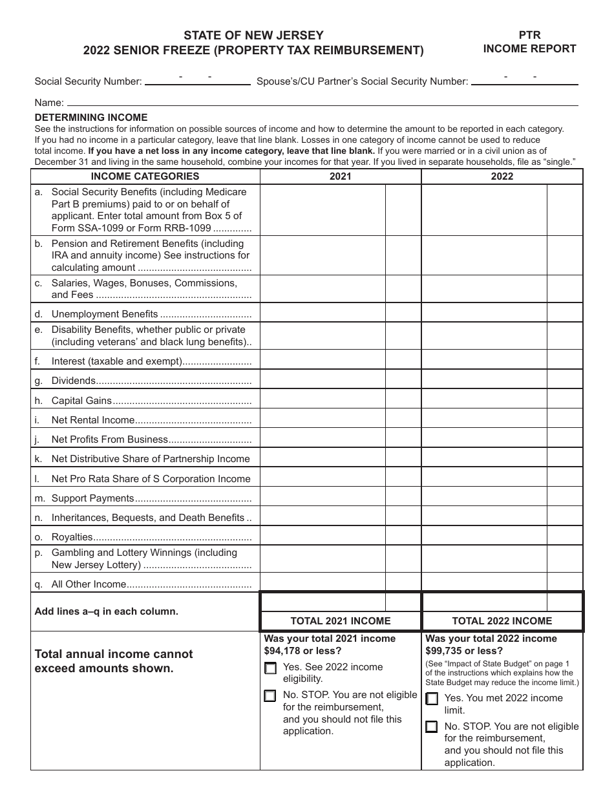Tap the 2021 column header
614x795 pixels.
[341, 176]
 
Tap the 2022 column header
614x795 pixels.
[502, 176]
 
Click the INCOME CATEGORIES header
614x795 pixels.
[145, 176]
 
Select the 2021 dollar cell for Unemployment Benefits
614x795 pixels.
[323, 314]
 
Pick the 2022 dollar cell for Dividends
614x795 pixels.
[484, 381]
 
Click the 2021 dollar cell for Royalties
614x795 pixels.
[323, 537]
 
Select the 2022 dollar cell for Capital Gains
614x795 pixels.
[484, 401]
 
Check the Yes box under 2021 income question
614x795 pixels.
[270, 668]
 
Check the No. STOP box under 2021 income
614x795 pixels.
[270, 696]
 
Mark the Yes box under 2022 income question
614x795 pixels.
[432, 699]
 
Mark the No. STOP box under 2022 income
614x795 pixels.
[432, 727]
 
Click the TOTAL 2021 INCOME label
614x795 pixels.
[341, 621]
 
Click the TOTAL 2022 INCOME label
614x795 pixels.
[502, 621]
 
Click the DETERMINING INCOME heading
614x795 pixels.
[91, 118]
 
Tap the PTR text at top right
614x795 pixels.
[529, 36]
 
